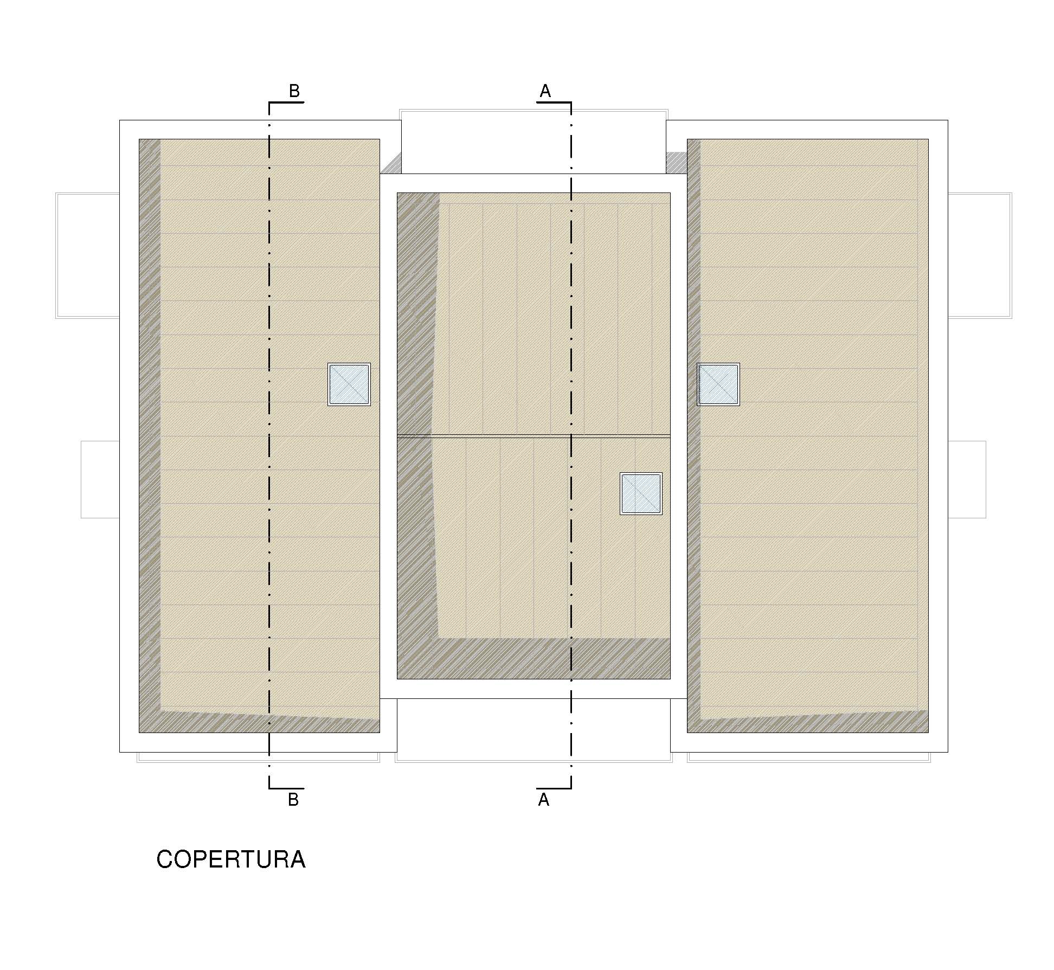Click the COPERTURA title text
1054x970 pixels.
(x=231, y=859)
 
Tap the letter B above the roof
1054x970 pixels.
(x=294, y=91)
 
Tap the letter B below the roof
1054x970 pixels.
(x=293, y=800)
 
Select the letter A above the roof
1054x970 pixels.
(x=545, y=91)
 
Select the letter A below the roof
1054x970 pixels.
(x=544, y=800)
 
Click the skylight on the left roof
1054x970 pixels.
(x=349, y=384)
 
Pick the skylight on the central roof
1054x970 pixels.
(x=641, y=493)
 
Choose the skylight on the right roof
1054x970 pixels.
(x=718, y=384)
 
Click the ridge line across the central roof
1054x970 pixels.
(x=534, y=435)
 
